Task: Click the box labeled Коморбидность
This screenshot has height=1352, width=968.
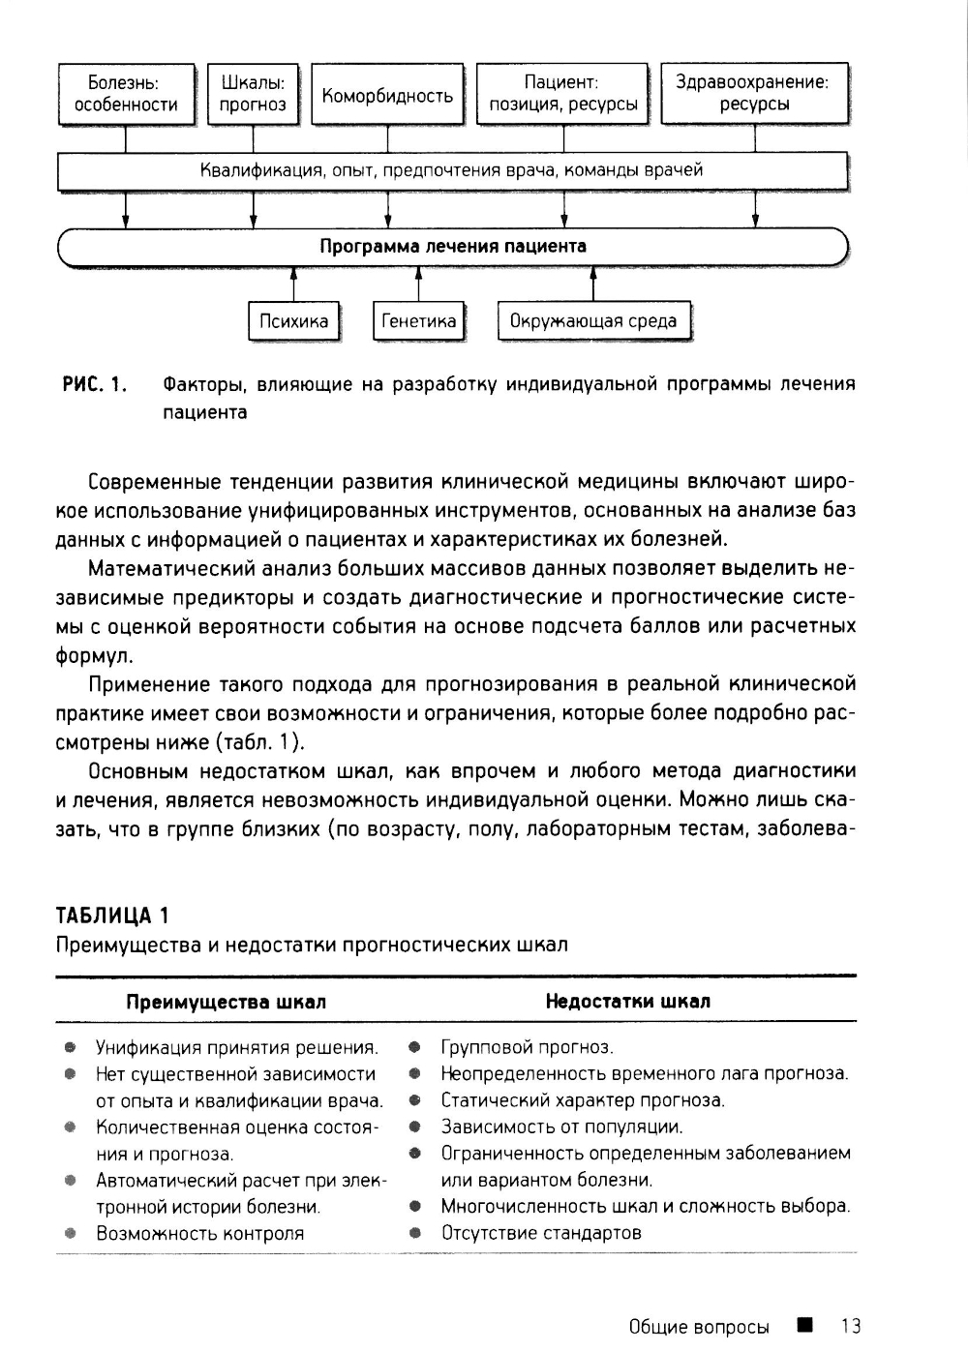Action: (x=387, y=95)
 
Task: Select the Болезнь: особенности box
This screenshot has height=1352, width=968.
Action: (x=126, y=94)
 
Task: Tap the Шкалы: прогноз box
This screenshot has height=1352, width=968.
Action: (x=253, y=94)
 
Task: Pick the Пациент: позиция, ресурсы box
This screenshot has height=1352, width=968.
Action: (x=562, y=94)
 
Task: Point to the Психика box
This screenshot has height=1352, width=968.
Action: (x=293, y=321)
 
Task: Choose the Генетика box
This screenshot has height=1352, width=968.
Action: (x=418, y=321)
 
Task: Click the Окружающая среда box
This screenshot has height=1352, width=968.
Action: (x=593, y=321)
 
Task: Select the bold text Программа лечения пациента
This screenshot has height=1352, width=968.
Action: (x=453, y=246)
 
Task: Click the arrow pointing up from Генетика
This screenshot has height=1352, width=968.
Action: (x=418, y=285)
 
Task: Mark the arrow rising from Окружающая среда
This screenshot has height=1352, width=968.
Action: (x=593, y=285)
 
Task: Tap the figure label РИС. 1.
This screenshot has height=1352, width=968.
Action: (x=95, y=384)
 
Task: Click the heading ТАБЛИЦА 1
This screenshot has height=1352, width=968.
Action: (x=112, y=915)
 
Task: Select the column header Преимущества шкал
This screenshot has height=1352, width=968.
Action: (x=226, y=1002)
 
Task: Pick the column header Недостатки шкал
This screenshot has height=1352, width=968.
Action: (x=627, y=1001)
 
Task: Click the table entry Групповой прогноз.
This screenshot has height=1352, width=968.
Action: (x=527, y=1047)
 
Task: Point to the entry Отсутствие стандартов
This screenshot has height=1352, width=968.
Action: (x=541, y=1233)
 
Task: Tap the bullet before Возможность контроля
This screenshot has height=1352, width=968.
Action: (x=70, y=1234)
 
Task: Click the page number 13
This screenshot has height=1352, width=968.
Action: (x=851, y=1326)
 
